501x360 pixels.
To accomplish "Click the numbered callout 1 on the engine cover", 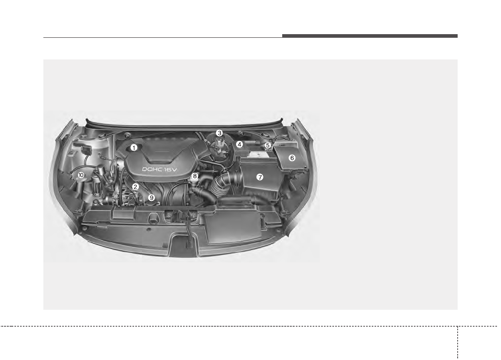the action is (x=134, y=148).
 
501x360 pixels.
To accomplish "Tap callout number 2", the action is (x=135, y=187).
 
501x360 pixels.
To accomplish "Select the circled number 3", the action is (x=219, y=133).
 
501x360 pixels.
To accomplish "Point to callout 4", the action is (x=239, y=144).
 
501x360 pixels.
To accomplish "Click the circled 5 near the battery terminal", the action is (x=267, y=145).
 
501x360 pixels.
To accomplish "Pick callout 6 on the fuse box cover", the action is (x=292, y=158).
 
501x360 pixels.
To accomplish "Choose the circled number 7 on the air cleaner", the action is (x=260, y=177).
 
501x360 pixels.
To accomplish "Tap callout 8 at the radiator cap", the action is (x=195, y=176).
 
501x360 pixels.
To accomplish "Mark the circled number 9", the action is (x=152, y=198).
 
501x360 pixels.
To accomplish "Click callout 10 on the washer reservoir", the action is (x=81, y=175).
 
